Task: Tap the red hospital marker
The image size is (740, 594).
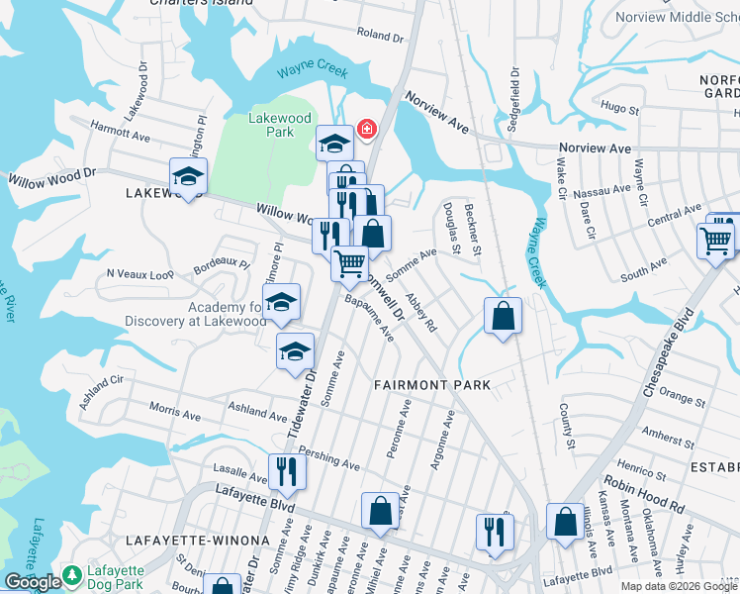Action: (367, 130)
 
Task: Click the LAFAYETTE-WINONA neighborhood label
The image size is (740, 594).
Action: (198, 540)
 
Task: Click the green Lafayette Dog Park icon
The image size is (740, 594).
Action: (71, 574)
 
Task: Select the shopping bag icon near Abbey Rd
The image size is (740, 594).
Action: (503, 317)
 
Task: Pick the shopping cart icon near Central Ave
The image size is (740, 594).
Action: (715, 240)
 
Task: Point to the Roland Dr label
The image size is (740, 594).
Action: (380, 37)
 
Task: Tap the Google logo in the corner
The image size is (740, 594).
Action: (33, 582)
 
